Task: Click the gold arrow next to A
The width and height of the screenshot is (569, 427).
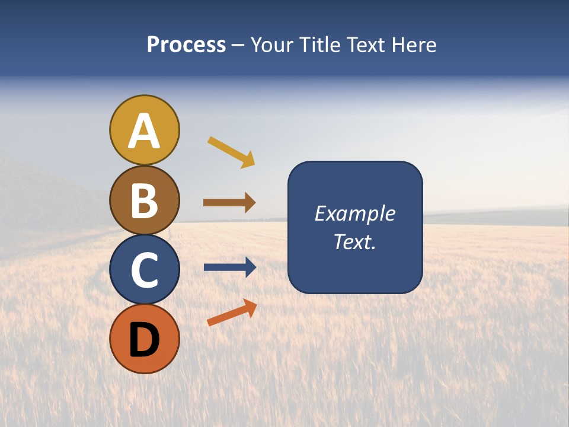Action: click(231, 152)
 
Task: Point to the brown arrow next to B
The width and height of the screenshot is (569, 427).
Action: click(229, 203)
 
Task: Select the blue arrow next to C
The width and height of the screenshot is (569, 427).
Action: click(230, 267)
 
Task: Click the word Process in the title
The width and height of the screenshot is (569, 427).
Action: click(186, 45)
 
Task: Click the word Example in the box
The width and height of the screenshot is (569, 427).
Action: click(354, 213)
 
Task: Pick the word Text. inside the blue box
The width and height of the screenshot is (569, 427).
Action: click(354, 241)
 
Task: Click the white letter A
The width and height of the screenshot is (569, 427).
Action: click(144, 131)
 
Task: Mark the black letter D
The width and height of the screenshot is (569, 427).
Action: click(144, 340)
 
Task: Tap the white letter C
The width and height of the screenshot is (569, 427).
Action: click(144, 270)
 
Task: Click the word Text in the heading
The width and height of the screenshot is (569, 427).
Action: click(364, 45)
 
